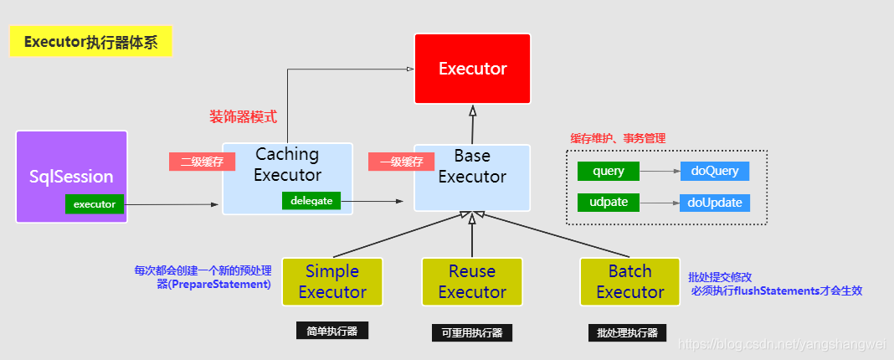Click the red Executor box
coord(472,69)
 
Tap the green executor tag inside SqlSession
coord(95,203)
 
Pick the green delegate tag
coord(311,201)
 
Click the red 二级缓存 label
coord(201,162)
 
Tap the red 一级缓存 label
coord(401,162)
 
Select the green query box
coord(609,171)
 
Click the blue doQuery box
coord(715,171)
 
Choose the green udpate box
coord(609,203)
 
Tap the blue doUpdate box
coord(715,203)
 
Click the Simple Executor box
coord(332,281)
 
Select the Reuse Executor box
coord(472,281)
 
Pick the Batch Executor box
coord(629,281)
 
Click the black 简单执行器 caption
coord(332,331)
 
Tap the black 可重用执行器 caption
coord(472,332)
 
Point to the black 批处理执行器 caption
coord(628,332)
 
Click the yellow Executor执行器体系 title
coord(90,42)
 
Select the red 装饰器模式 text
coord(243,116)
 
